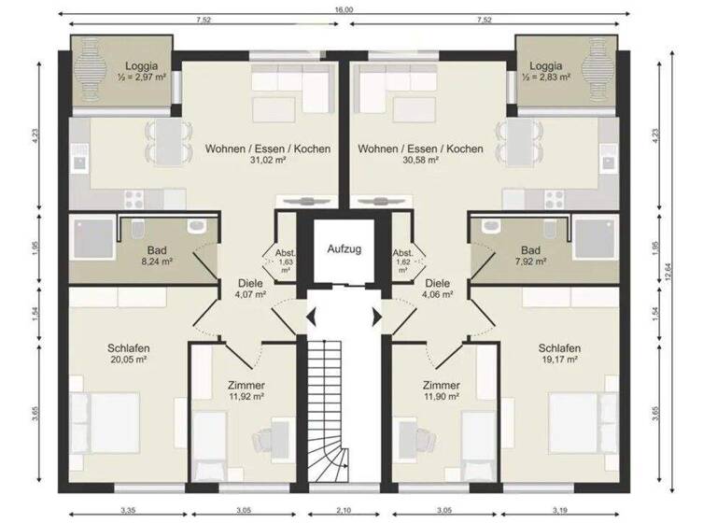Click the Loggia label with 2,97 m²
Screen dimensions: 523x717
142,67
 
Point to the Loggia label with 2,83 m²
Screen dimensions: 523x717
545,67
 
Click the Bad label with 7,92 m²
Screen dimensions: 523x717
530,250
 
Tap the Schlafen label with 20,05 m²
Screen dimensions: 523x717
128,348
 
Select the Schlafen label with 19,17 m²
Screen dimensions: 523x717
557,348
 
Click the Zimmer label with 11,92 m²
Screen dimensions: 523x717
246,385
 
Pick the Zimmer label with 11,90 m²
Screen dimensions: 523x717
440,385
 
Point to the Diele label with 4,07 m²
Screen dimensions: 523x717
249,284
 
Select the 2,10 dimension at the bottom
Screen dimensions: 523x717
344,513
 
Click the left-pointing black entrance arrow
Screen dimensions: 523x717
311,318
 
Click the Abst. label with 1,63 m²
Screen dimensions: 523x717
285,255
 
